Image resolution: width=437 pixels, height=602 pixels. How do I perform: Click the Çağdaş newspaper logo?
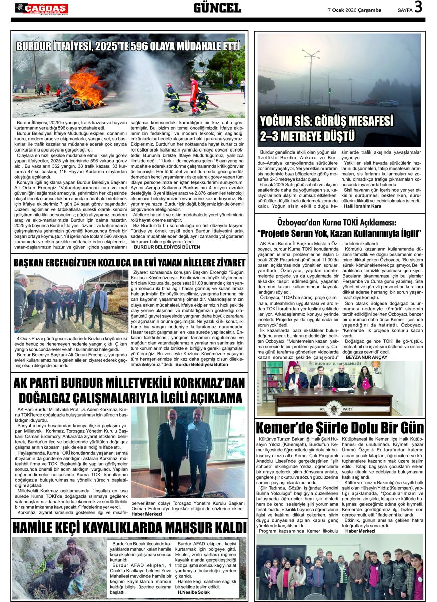point(41,8)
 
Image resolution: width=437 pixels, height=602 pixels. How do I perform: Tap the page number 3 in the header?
point(418,7)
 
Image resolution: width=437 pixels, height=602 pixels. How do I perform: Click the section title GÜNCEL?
point(217,8)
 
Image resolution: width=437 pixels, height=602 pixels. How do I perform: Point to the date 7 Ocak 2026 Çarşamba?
point(355,10)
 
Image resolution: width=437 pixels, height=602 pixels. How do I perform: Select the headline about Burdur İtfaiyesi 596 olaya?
point(128,47)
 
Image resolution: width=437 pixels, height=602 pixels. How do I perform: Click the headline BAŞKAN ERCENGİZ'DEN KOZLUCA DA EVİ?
point(129,262)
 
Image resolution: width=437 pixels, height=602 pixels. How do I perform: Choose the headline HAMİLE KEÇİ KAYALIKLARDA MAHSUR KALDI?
point(129,528)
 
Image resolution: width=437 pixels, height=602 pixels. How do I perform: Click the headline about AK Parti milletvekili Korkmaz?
point(129,391)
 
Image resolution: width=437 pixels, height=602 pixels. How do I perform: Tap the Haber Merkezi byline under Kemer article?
point(360,531)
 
